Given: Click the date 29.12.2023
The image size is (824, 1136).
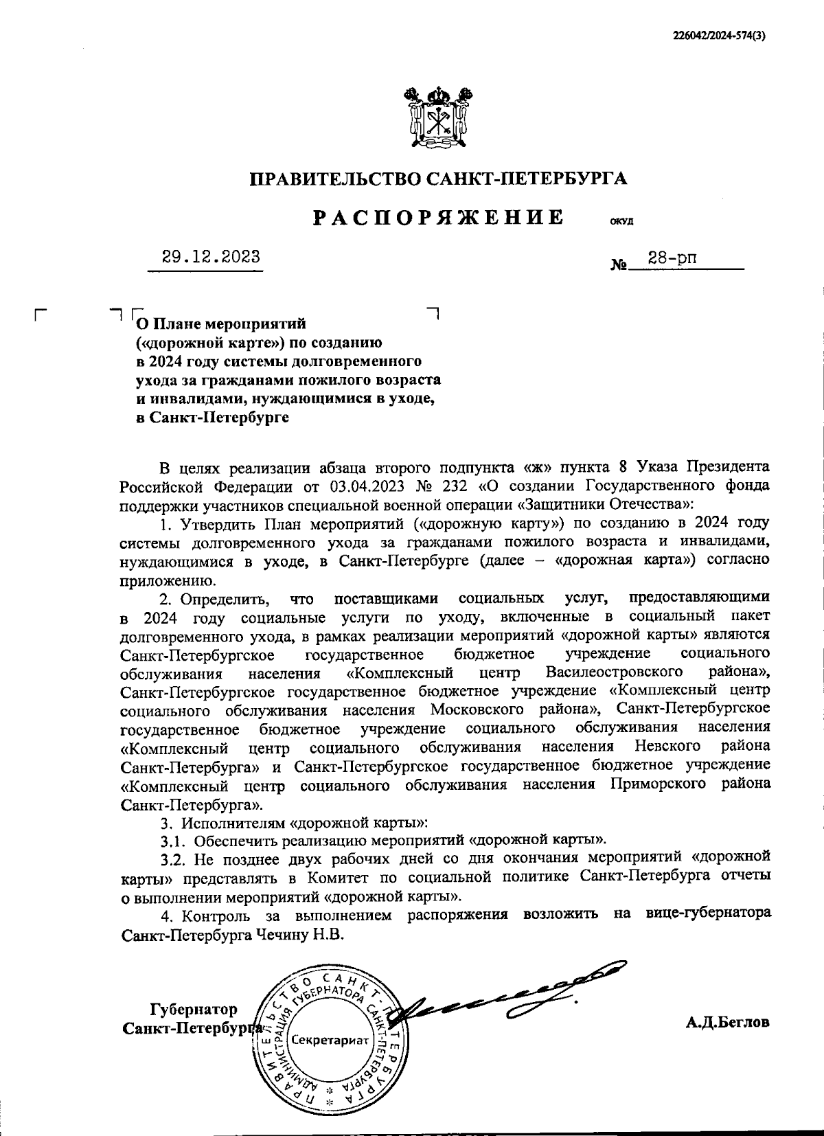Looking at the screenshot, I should point(211,257).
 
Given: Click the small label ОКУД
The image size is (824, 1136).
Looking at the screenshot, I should point(621,222).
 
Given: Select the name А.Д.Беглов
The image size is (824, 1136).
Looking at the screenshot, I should point(727,1022).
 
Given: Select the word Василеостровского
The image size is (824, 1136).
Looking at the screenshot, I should point(614,670).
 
